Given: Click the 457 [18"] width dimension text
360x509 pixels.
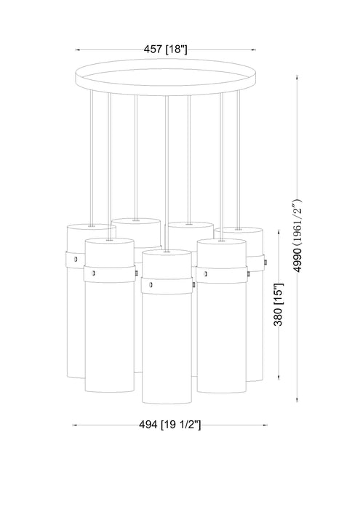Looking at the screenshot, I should coord(167,49).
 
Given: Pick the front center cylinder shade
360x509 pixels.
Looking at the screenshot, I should coord(167,356).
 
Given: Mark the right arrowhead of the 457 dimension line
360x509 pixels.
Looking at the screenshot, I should coord(255,49).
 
